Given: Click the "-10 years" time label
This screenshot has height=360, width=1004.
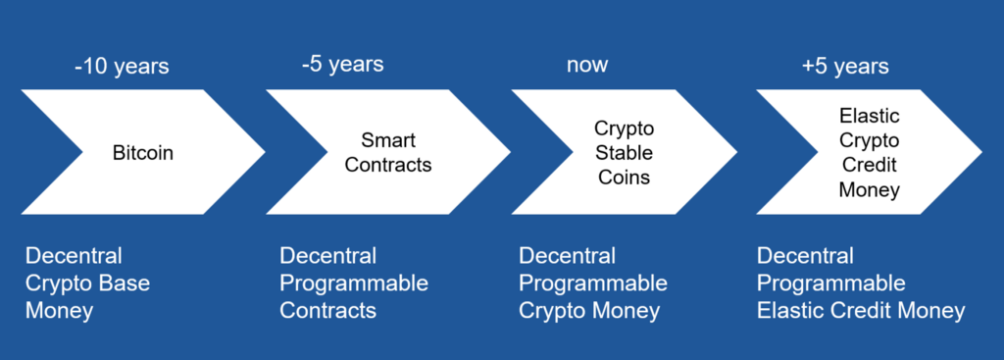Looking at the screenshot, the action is click(x=122, y=66).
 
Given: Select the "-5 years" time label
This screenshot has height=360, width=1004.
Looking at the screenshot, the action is click(x=342, y=64).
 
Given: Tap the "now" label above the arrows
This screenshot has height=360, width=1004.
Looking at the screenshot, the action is click(x=587, y=65).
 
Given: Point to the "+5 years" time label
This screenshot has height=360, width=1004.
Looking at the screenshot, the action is click(x=845, y=66).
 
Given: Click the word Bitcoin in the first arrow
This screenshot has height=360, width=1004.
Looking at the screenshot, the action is click(x=143, y=154).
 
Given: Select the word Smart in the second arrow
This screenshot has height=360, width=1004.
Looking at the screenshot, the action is click(x=388, y=140).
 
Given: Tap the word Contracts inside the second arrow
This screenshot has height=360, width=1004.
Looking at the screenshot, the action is click(x=388, y=165).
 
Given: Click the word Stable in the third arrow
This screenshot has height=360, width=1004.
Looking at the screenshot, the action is click(x=625, y=152).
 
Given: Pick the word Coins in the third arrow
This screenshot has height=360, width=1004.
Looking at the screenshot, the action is click(x=625, y=177).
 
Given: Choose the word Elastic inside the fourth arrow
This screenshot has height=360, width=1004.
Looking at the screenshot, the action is click(x=870, y=116).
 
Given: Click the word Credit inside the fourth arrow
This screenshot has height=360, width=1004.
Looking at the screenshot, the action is click(x=870, y=165).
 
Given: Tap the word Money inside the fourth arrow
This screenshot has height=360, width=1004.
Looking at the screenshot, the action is click(x=870, y=189).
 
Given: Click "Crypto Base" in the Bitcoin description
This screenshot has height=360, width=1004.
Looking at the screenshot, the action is click(x=87, y=283).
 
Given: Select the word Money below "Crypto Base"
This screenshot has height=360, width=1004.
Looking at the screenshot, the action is click(x=60, y=311).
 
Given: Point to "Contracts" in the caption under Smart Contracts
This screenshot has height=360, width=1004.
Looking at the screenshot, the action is click(x=327, y=311).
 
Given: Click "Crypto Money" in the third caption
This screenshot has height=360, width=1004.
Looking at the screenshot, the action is click(x=589, y=311).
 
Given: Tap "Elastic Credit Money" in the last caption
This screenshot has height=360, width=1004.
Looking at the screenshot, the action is click(x=861, y=311).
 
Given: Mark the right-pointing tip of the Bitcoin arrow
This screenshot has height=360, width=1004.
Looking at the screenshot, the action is click(x=265, y=152).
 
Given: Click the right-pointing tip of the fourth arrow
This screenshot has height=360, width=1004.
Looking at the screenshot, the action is click(x=981, y=152).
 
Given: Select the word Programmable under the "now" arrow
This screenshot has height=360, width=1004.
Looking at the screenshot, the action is click(x=593, y=283).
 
